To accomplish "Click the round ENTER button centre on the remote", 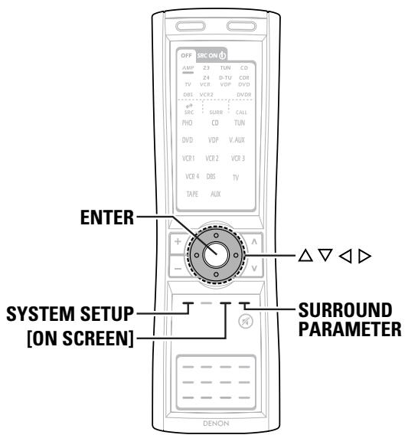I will (215, 252).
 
